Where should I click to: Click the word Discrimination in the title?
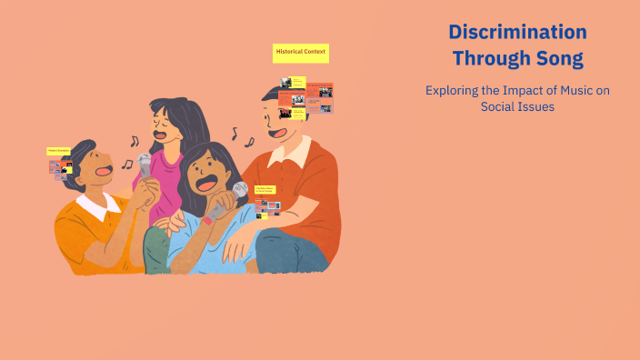point(517,32)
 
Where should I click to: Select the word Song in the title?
point(558,60)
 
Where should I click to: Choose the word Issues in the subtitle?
point(536,106)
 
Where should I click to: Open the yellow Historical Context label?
point(301,53)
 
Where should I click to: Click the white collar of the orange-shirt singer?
point(98,208)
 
